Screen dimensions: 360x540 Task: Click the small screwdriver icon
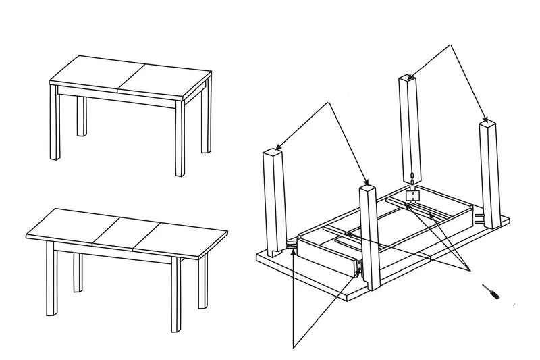[x=490, y=292]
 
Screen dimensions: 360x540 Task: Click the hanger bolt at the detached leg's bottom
[x=410, y=179]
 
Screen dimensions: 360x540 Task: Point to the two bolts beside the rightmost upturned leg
[x=480, y=220]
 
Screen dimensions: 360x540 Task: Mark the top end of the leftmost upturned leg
[x=271, y=153]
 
